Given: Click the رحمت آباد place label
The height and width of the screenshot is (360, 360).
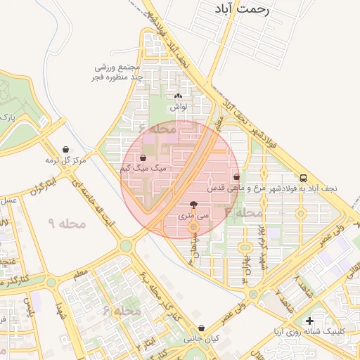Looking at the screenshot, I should [245, 9].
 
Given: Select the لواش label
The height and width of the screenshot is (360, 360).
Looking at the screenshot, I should [177, 108].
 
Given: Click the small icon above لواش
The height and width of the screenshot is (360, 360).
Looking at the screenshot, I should [177, 96].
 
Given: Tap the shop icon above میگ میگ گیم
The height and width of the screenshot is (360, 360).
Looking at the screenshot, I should [143, 157].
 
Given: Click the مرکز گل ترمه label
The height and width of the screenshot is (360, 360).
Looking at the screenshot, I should [65, 160].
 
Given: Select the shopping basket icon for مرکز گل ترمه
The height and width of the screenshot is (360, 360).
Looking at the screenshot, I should [65, 149].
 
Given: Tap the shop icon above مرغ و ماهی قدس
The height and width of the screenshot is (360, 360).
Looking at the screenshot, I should [236, 177].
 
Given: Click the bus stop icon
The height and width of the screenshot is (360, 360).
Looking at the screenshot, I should [303, 178].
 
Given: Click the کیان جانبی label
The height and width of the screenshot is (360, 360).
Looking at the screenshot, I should [202, 339].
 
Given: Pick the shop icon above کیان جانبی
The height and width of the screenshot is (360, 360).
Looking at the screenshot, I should [202, 328].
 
